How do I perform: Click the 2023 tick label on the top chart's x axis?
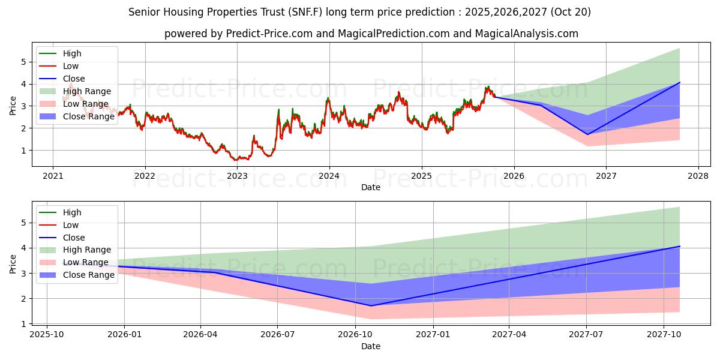click(237, 176)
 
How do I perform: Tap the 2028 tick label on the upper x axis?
click(698, 176)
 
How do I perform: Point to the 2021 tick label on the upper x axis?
click(53, 176)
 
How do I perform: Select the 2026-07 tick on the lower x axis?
click(278, 335)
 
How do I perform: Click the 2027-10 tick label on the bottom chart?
click(664, 335)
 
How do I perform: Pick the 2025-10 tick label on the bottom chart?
click(47, 335)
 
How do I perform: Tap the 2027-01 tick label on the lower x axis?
click(433, 335)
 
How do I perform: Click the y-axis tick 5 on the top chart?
click(23, 62)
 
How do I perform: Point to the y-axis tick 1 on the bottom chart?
click(23, 324)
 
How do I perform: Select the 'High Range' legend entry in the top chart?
click(86, 91)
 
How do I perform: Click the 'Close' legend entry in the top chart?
click(74, 79)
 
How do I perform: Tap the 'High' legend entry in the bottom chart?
click(72, 212)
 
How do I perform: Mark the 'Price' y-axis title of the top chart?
click(13, 106)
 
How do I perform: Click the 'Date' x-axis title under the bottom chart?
click(370, 346)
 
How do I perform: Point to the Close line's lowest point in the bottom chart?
click(371, 306)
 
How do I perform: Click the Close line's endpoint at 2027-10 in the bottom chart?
click(680, 246)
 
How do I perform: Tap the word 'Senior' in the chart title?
click(144, 12)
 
